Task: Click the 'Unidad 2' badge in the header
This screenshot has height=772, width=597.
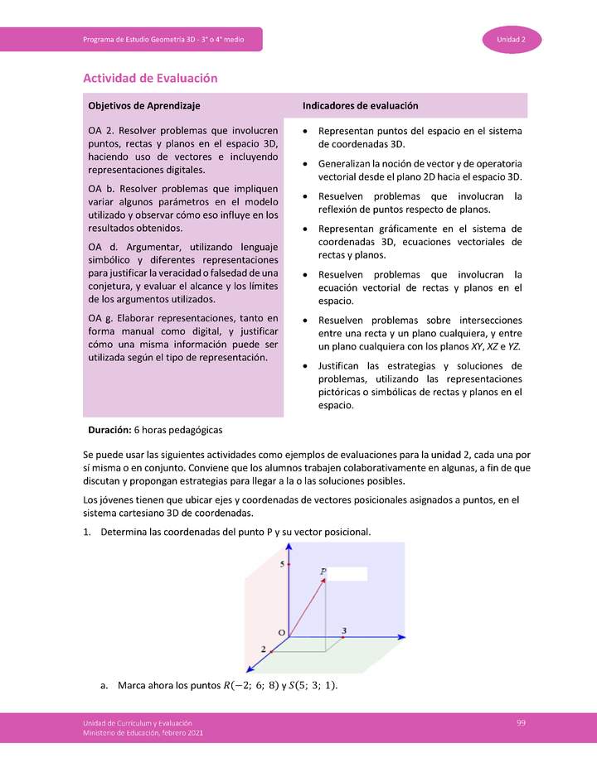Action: click(x=512, y=40)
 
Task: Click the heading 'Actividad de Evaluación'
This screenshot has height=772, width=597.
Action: click(x=150, y=78)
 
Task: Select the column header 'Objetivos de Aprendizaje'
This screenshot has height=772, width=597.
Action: click(x=143, y=106)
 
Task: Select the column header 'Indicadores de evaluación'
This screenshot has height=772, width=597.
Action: click(x=360, y=106)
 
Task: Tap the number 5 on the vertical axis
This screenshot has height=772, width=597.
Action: click(x=282, y=564)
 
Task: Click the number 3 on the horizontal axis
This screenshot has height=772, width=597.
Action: click(x=344, y=630)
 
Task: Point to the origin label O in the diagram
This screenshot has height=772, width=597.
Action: click(x=281, y=633)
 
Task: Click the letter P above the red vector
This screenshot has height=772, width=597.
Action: click(x=323, y=572)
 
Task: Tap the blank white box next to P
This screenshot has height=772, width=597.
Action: click(x=348, y=573)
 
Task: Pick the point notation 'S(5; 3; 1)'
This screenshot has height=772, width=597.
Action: click(x=313, y=686)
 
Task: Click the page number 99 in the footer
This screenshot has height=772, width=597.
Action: click(x=521, y=723)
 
